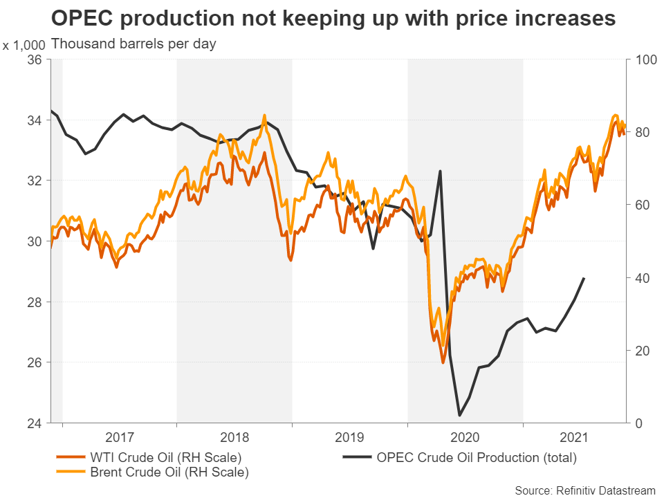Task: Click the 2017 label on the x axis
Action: (x=119, y=438)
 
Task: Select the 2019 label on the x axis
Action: (x=349, y=438)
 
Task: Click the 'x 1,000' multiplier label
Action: (x=24, y=46)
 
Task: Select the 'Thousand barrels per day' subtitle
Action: (x=133, y=44)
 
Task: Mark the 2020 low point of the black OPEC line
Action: (x=460, y=416)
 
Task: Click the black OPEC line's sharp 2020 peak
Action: (x=441, y=171)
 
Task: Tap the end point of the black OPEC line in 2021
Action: (x=584, y=278)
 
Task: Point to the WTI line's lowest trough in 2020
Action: (x=443, y=362)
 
